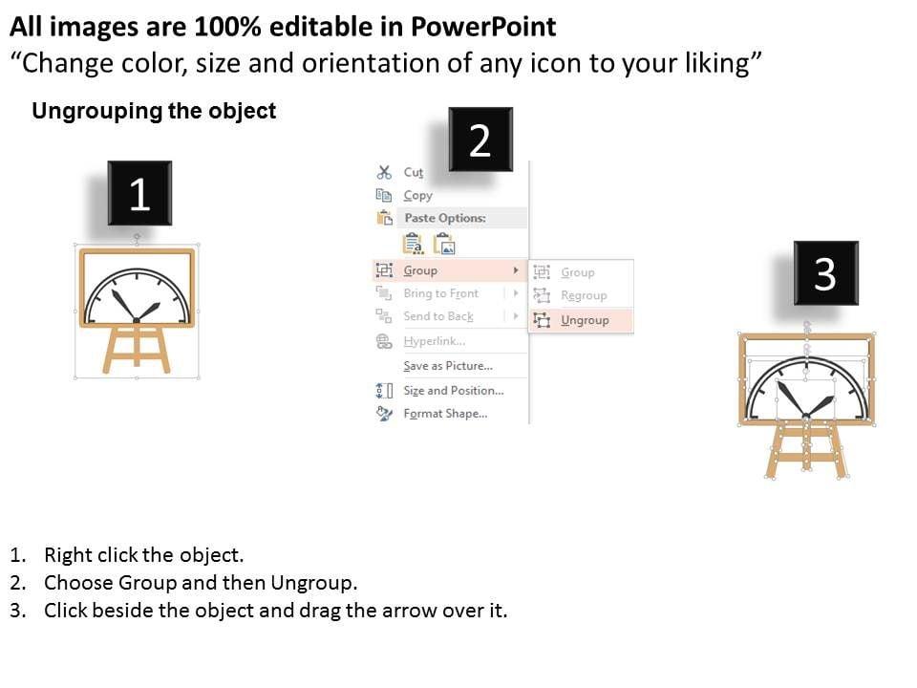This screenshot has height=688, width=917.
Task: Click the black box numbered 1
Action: point(139,193)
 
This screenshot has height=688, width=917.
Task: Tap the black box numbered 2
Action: point(480,140)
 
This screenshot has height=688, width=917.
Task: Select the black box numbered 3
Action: point(825,272)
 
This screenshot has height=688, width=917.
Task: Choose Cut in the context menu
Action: point(413,172)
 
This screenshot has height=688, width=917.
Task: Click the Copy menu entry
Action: point(417,195)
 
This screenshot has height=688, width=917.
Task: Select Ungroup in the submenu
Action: point(585,321)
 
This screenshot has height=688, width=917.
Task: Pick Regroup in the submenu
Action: point(584,296)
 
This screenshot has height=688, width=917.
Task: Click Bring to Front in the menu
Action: point(441,293)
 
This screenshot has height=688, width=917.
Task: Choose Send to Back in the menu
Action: point(438,316)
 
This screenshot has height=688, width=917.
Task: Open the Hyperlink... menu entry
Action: point(435,341)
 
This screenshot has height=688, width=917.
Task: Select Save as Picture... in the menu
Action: point(448,366)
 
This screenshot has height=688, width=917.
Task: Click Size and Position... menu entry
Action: point(453,390)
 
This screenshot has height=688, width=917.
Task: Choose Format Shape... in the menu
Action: point(445,414)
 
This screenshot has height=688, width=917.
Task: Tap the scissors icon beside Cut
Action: point(384,172)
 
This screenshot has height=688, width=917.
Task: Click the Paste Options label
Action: point(445,218)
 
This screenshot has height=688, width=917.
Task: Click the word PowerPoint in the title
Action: point(483,28)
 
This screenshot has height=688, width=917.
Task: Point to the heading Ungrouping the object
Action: point(154,111)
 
